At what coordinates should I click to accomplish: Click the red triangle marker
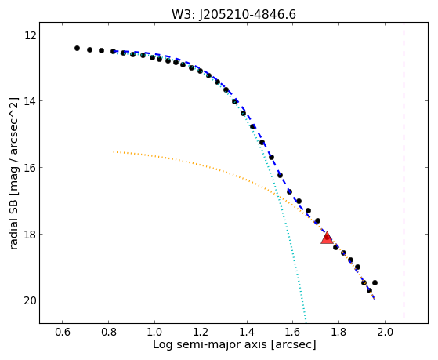coord(327,238)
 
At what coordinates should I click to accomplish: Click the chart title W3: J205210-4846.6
coord(233,14)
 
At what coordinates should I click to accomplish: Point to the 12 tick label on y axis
coord(29,35)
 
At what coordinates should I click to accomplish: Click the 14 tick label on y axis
coord(29,101)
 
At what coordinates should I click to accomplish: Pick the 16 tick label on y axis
coord(29,168)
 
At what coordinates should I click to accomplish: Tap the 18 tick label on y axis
coord(29,234)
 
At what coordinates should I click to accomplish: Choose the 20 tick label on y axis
coord(29,300)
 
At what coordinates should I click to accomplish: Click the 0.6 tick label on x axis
coord(63,332)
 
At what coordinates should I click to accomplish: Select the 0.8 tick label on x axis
coord(108,332)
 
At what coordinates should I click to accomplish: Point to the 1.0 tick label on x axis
coord(154,332)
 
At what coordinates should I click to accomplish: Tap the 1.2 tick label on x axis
coord(201,332)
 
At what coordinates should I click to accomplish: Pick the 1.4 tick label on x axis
coord(247,332)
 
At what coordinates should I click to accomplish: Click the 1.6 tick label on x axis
coord(292,332)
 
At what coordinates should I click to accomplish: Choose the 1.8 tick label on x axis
coord(338,332)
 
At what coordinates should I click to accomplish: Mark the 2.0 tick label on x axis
coord(385,332)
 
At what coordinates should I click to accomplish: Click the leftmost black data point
coord(77,49)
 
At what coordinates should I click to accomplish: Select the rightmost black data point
coord(375,283)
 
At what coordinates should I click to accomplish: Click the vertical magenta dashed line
coord(404,170)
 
